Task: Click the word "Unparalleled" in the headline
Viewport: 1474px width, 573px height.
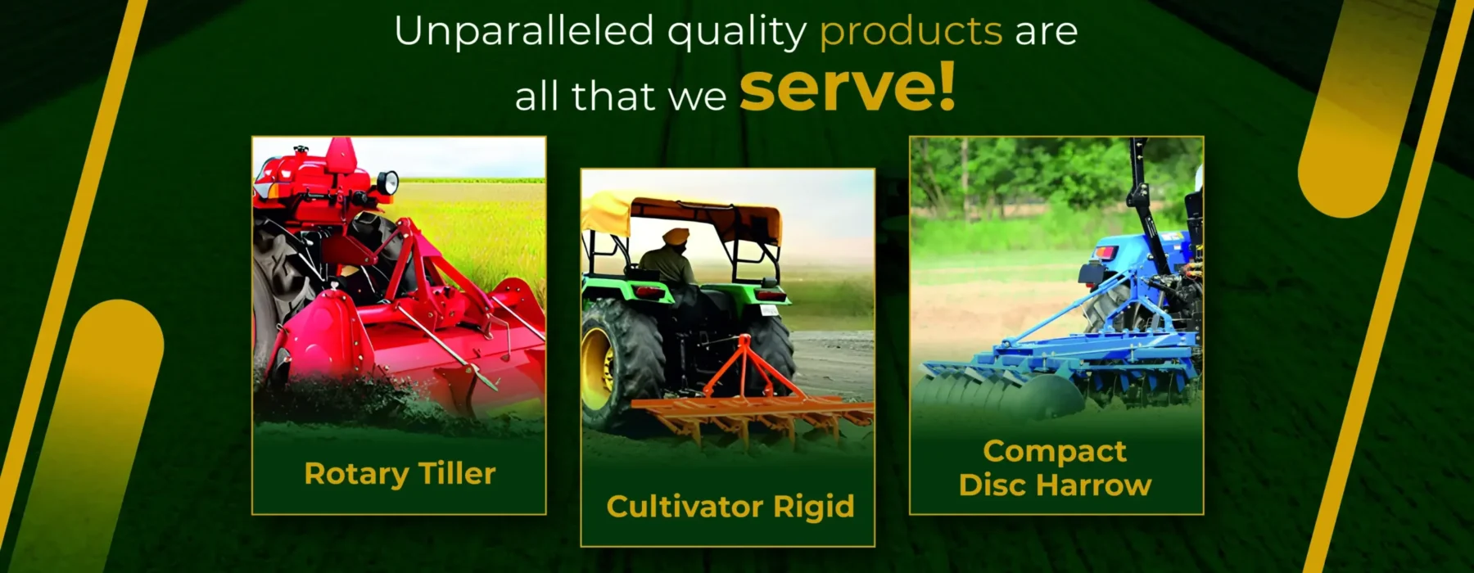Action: click(x=524, y=31)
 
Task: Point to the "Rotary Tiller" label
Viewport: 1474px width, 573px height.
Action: click(x=400, y=474)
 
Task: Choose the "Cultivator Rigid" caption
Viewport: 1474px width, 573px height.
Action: click(x=730, y=507)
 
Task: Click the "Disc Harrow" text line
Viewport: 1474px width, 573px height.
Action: click(x=1055, y=485)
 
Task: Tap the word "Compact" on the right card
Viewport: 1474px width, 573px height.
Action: click(x=1055, y=452)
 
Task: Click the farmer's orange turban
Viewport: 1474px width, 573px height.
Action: click(x=676, y=237)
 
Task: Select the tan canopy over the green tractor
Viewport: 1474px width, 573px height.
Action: click(x=681, y=214)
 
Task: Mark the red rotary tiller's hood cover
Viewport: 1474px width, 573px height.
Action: click(x=409, y=336)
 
